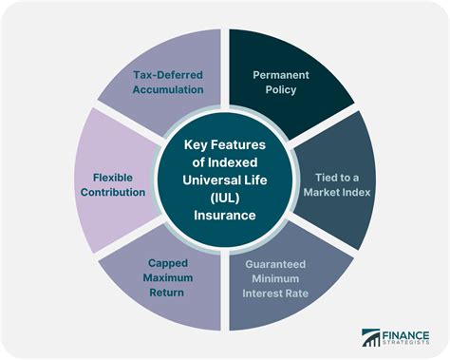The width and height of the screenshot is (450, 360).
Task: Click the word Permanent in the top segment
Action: [x=279, y=73]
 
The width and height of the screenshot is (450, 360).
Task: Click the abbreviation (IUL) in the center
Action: [x=225, y=199]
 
